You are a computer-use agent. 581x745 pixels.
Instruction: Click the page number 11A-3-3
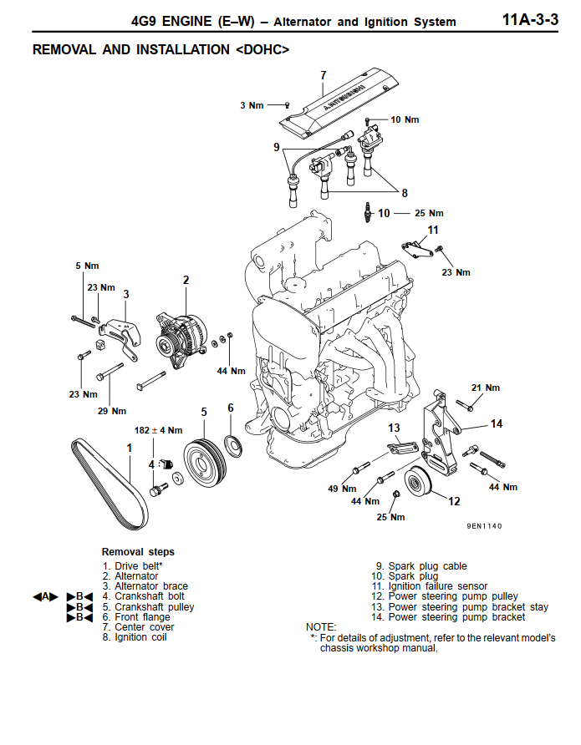529,19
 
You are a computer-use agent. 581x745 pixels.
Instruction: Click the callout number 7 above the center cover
324,76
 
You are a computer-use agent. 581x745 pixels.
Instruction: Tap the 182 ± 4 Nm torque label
158,430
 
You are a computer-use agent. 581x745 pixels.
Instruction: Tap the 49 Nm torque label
348,489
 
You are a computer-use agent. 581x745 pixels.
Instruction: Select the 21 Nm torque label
485,388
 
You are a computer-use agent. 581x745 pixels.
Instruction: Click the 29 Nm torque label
112,411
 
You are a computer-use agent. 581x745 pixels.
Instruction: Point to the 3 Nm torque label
252,105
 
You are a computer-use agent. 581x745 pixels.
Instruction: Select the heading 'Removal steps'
138,552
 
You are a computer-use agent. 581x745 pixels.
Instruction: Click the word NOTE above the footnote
321,626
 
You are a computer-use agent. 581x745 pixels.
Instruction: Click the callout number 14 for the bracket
497,424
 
